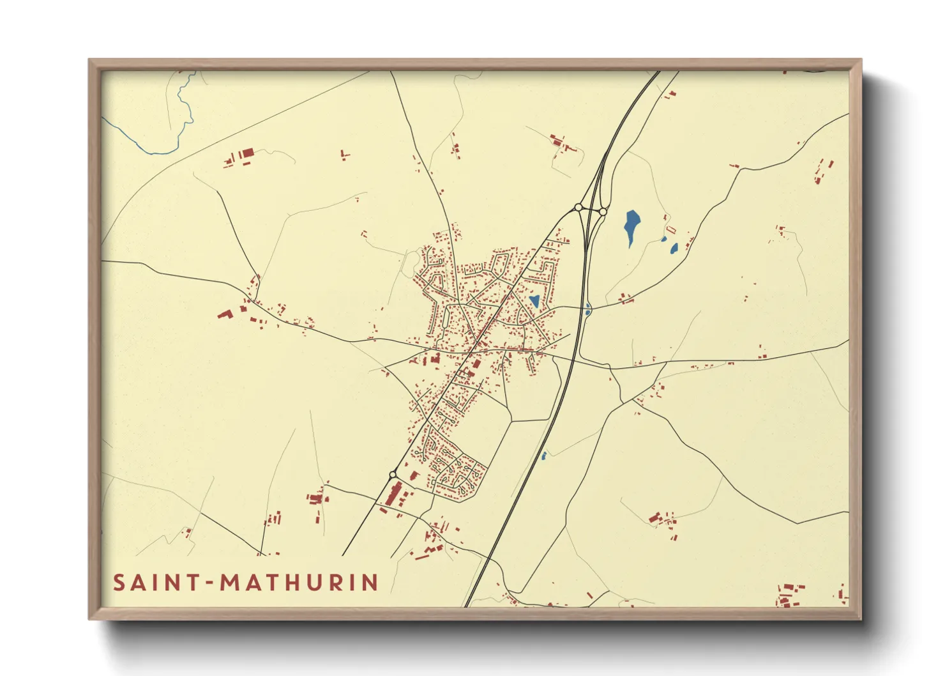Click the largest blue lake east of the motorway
pos(631,226)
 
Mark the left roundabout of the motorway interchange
pos(578,207)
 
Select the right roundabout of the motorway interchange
pos(603,211)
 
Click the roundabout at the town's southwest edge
pos(393,474)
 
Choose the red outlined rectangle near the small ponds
pos(670,229)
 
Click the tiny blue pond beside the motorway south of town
pos(544,456)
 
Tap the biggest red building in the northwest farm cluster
pos(247,153)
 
